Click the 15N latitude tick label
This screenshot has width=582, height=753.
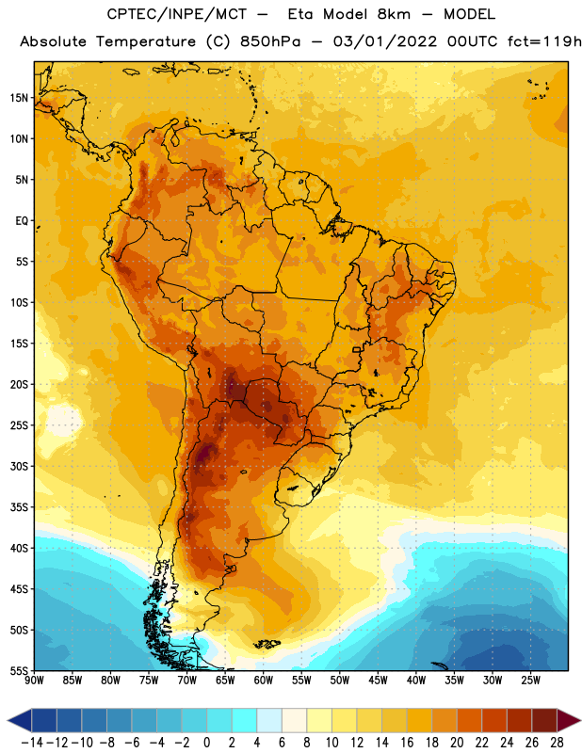pos(19,98)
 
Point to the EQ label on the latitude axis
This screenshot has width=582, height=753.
pos(22,221)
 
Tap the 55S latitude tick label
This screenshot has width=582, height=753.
pos(19,670)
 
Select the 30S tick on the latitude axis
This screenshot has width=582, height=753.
pos(19,466)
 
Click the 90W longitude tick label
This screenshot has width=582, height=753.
pos(35,681)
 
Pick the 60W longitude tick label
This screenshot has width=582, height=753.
pos(264,681)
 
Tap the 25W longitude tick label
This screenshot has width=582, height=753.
pos(530,681)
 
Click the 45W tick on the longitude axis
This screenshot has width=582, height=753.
pos(378,681)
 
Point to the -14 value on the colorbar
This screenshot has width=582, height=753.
pos(32,743)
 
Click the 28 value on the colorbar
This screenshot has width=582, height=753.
pos(557,743)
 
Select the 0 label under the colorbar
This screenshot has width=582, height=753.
pos(206,743)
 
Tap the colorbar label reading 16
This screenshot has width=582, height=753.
pos(407,743)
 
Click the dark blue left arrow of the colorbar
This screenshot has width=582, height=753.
pos(20,720)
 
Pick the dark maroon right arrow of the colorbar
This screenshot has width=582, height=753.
pos(569,720)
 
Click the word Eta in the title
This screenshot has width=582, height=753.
pos(300,14)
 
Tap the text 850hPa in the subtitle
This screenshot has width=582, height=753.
pos(270,41)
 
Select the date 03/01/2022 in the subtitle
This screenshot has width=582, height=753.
pos(385,41)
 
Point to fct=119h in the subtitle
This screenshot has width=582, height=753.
pos(544,41)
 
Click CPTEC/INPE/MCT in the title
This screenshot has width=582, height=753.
pos(177,14)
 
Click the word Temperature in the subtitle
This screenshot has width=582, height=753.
pos(146,42)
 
